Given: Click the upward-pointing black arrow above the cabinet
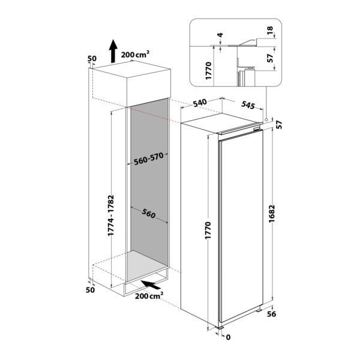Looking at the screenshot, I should click(113, 50).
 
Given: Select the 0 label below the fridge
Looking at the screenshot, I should click(228, 338).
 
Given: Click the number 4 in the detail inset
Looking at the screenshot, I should click(220, 36).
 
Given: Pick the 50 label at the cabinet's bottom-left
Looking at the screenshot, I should click(92, 290).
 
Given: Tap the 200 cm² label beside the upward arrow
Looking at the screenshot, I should click(135, 53).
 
